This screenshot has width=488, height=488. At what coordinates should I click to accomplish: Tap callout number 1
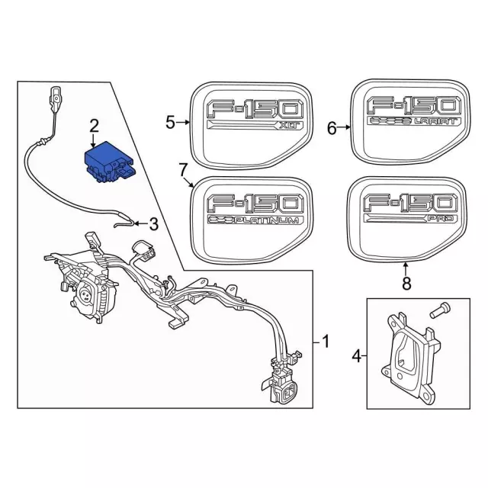[x=326, y=342]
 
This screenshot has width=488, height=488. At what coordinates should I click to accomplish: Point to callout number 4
[x=356, y=355]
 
